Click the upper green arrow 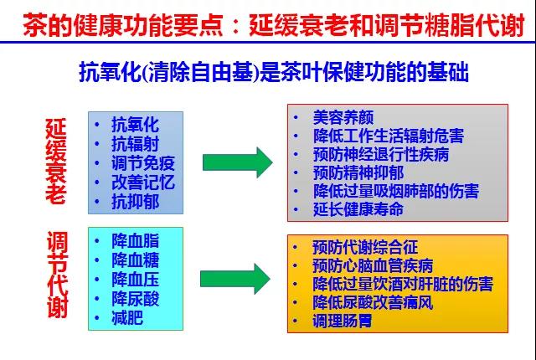238,162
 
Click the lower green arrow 235,279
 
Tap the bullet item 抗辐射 136,144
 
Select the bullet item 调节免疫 143,163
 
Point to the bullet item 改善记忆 143,183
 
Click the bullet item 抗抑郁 136,202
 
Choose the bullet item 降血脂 136,241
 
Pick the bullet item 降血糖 136,260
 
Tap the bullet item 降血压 136,280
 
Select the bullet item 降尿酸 136,299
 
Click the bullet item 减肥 127,318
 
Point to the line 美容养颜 343,117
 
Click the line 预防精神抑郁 358,172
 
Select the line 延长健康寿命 358,209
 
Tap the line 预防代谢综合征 365,247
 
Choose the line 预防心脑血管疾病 373,265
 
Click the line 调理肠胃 343,321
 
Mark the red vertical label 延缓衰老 56,162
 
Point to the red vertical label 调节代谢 57,275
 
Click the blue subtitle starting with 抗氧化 274,72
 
